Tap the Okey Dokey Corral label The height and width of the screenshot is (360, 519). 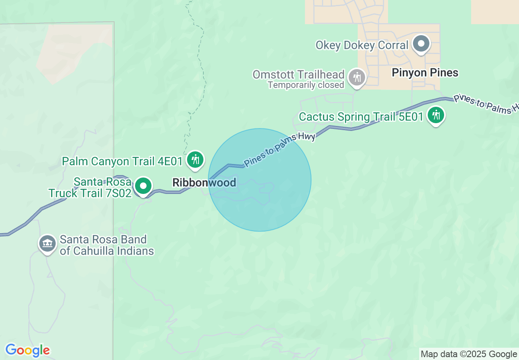point(362,45)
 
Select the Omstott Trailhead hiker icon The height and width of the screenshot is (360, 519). point(357,77)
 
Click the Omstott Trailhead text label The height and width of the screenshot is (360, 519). point(298,74)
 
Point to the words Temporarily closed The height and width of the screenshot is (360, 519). point(306,85)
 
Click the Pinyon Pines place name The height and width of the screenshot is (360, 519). point(425,73)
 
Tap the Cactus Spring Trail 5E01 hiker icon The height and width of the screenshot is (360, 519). point(436,115)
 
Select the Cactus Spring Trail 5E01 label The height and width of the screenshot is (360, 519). point(361,117)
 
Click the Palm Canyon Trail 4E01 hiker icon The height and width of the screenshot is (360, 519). point(195,159)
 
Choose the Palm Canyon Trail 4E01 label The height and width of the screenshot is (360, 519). point(122,161)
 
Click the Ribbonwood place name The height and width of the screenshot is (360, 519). point(204,182)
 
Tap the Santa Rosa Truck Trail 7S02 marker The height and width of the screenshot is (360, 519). point(143,186)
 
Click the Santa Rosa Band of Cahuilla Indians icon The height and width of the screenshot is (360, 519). point(47,243)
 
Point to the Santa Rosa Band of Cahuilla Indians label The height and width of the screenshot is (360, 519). point(106,245)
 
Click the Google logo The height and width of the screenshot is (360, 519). point(27,350)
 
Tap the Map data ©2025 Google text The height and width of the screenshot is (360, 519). point(469,354)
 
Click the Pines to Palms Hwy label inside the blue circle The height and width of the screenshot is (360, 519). point(280,151)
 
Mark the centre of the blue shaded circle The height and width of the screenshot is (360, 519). point(260,180)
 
